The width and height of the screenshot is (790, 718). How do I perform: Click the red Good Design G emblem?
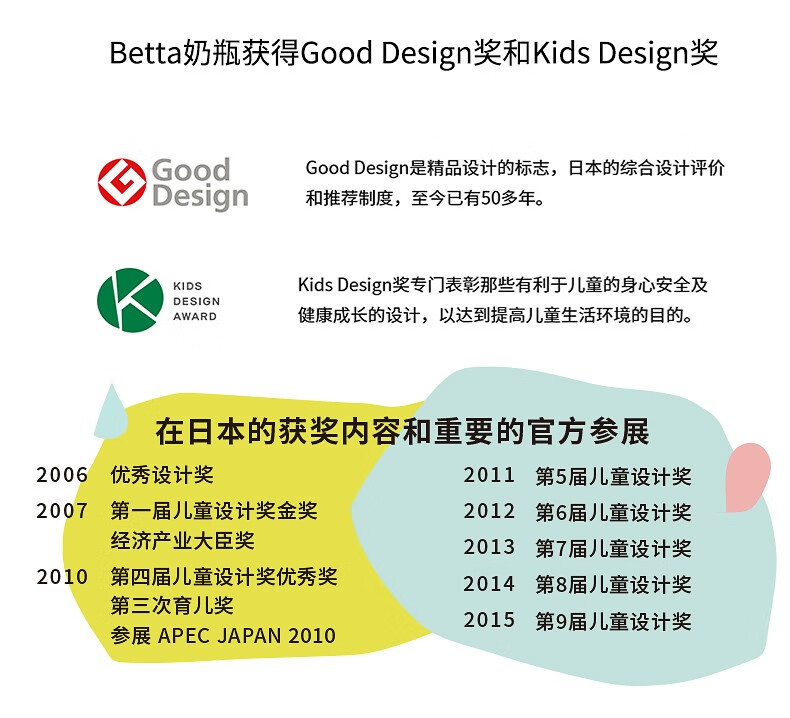(122, 182)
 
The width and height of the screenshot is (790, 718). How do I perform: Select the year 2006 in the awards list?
(62, 475)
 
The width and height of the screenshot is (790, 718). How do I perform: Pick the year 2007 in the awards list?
(62, 511)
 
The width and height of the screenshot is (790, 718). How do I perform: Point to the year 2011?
(489, 475)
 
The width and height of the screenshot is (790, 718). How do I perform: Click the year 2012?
(489, 511)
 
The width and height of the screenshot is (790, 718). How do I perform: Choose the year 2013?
(489, 548)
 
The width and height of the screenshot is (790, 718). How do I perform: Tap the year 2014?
(489, 584)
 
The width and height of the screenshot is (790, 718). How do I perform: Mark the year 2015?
(489, 621)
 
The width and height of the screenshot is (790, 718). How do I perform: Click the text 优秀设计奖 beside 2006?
(162, 475)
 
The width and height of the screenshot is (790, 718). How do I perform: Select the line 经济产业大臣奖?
(183, 541)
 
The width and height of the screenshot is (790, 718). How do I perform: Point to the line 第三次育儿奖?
(172, 606)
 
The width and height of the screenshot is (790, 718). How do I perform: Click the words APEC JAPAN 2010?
(247, 635)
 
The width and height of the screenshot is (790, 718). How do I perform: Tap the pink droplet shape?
(747, 475)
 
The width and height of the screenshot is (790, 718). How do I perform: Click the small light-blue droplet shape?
(111, 413)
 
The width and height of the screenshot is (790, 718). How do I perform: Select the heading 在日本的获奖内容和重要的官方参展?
(402, 432)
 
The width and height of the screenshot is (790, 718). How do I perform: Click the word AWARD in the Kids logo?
(195, 316)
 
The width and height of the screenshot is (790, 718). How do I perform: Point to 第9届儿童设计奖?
(613, 621)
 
